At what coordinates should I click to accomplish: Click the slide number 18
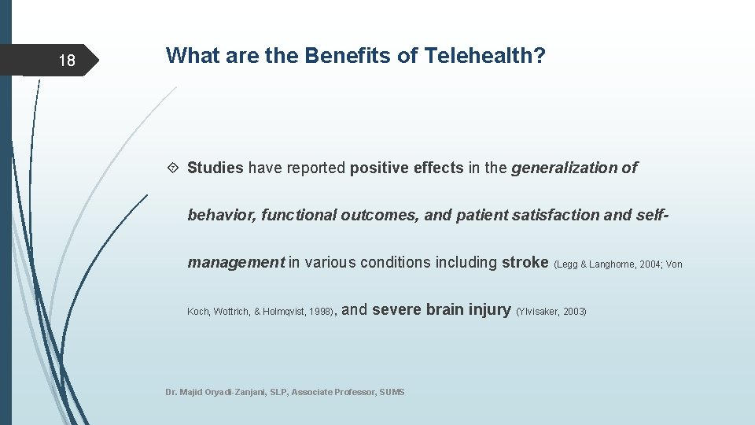pos(68,61)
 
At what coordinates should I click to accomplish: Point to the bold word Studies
pos(215,168)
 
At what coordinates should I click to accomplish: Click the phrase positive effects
pos(407,168)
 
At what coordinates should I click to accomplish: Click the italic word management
pos(236,262)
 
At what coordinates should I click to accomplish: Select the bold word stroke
pos(525,262)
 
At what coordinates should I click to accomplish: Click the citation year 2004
pos(650,265)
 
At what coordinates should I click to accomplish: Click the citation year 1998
pos(321,312)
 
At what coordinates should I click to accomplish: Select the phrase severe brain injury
pos(441,309)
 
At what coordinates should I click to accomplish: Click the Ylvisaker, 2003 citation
pos(551,312)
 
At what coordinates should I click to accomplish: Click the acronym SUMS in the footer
pos(392,392)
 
